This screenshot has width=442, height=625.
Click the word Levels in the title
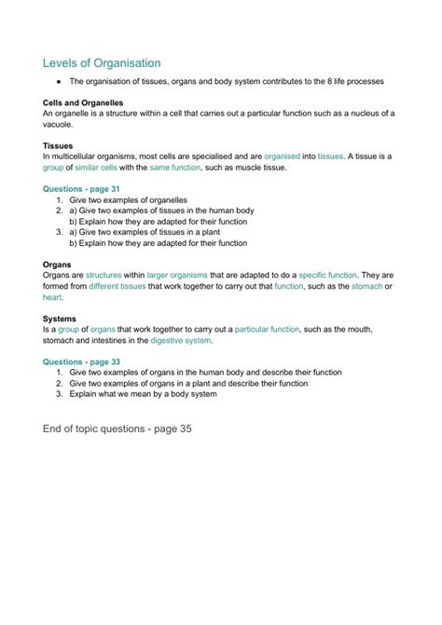pyautogui.click(x=62, y=63)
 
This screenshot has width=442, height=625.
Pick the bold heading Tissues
pyautogui.click(x=59, y=145)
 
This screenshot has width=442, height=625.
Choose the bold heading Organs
pyautogui.click(x=58, y=265)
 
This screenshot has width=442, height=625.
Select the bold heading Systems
pyautogui.click(x=61, y=319)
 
